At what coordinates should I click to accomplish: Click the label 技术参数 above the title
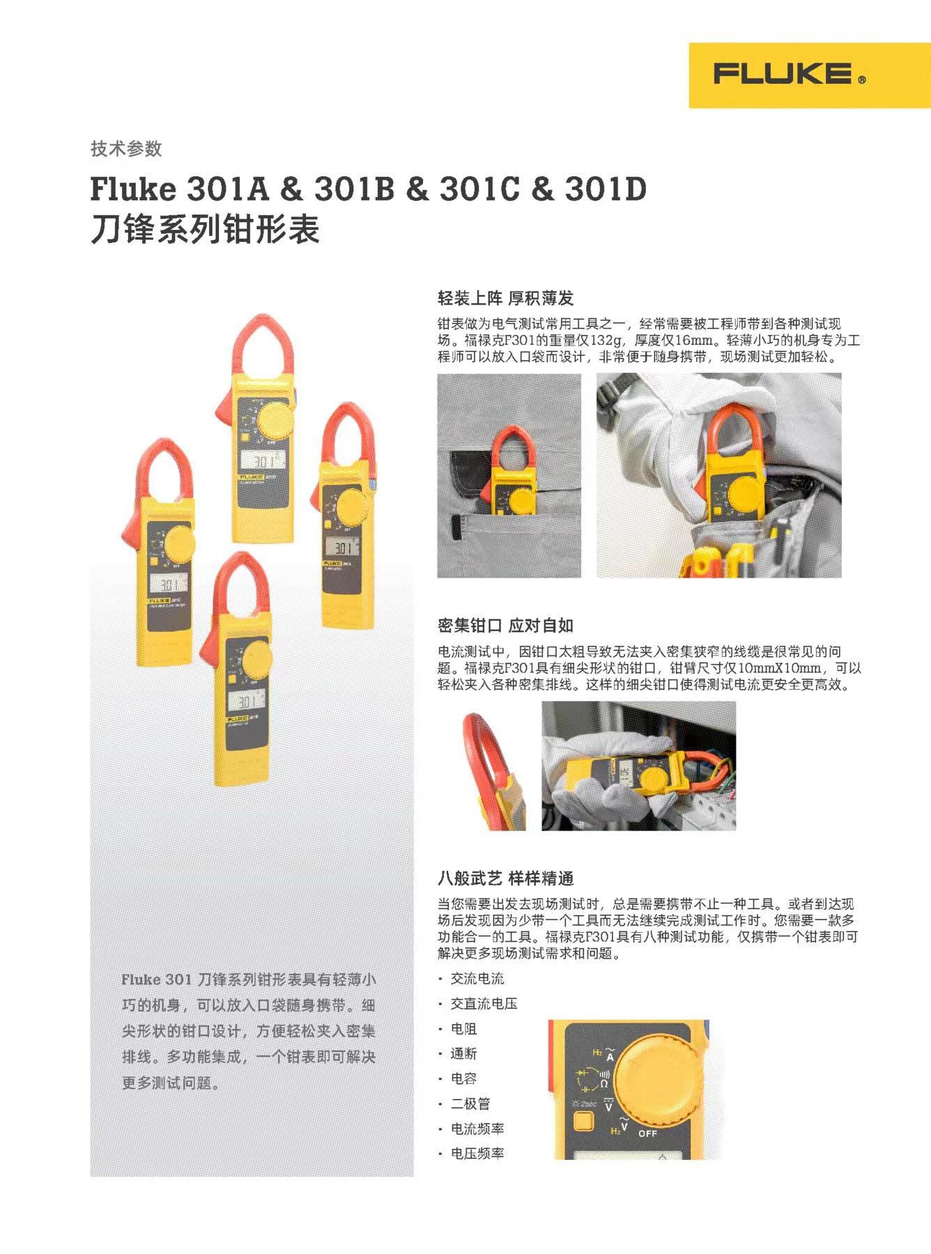[x=126, y=148]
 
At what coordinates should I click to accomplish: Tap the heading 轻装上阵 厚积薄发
[x=505, y=298]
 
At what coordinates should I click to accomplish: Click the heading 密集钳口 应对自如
[x=505, y=625]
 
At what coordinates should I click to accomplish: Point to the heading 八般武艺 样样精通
[x=505, y=878]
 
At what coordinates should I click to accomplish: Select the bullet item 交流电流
[x=477, y=978]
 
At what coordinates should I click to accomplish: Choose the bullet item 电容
[x=463, y=1078]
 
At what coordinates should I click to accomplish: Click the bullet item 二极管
[x=470, y=1104]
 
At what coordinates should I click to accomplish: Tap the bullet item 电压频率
[x=477, y=1154]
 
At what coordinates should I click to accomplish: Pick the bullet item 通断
[x=463, y=1053]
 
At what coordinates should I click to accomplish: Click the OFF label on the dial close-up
[x=647, y=1133]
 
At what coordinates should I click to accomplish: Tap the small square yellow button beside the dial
[x=583, y=1121]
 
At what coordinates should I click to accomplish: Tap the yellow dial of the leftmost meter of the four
[x=178, y=544]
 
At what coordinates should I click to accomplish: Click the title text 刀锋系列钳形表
[x=205, y=229]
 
